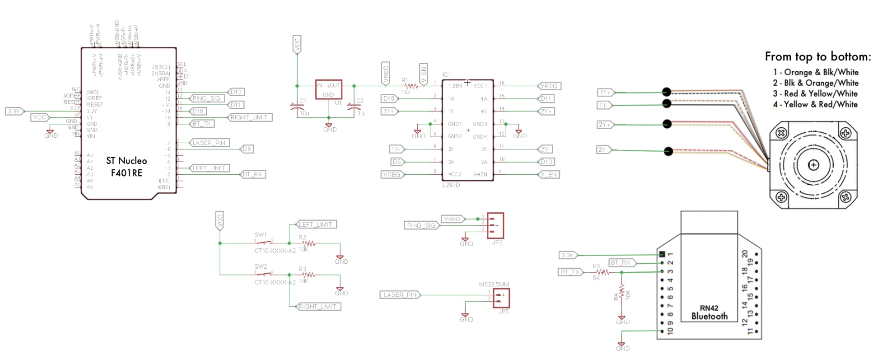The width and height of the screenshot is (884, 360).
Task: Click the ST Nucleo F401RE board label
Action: pyautogui.click(x=127, y=166)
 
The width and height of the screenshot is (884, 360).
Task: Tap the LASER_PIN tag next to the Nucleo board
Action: pyautogui.click(x=209, y=143)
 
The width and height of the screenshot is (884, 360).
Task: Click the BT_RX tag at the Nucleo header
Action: pyautogui.click(x=253, y=174)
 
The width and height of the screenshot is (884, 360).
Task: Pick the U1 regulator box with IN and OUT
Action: pyautogui.click(x=329, y=90)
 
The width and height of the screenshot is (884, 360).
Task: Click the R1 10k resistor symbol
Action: pyautogui.click(x=412, y=86)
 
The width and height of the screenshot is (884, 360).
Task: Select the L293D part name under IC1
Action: pyautogui.click(x=451, y=185)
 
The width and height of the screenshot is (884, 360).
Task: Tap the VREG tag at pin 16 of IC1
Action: pyautogui.click(x=549, y=86)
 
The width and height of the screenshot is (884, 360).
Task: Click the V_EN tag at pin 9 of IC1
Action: pyautogui.click(x=549, y=174)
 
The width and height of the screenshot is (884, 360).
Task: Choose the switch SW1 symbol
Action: pyautogui.click(x=264, y=243)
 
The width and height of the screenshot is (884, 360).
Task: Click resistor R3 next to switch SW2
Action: pyautogui.click(x=308, y=274)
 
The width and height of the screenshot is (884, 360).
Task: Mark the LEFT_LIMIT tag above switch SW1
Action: pyautogui.click(x=316, y=225)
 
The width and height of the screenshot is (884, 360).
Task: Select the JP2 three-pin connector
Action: pyautogui.click(x=495, y=225)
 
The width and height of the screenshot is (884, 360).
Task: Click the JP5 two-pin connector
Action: pyautogui.click(x=501, y=298)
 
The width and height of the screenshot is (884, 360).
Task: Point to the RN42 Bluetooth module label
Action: pyautogui.click(x=709, y=312)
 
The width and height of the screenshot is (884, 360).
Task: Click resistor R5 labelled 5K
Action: pyautogui.click(x=602, y=272)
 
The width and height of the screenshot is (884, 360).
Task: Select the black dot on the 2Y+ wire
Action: pyautogui.click(x=667, y=124)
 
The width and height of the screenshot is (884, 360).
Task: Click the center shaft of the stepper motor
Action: pyautogui.click(x=813, y=165)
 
